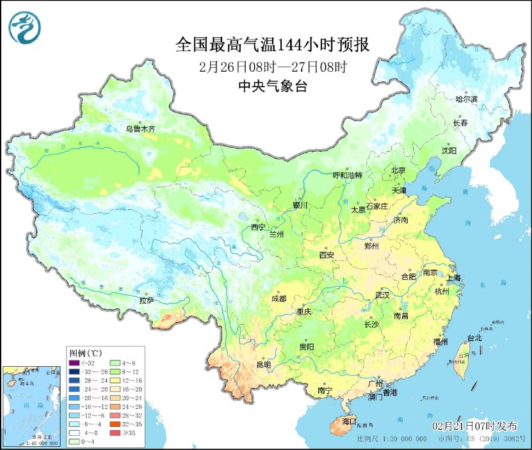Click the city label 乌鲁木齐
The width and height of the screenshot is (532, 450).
(x=140, y=129)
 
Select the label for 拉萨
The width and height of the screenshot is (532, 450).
(x=147, y=300)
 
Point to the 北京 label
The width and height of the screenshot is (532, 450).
(x=398, y=170)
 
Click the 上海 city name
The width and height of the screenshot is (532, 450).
(x=454, y=278)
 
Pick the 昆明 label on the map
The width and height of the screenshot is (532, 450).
(x=263, y=364)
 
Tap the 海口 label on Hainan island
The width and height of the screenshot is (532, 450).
(x=348, y=421)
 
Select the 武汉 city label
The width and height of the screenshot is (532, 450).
(x=383, y=295)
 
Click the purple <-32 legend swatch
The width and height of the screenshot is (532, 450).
(x=75, y=362)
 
